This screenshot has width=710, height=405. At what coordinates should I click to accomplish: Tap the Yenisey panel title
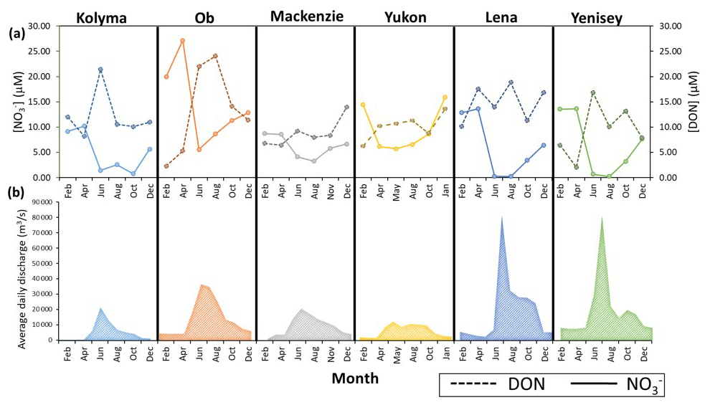(x=603, y=17)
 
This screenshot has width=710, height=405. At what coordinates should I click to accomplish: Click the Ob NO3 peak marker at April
(x=182, y=41)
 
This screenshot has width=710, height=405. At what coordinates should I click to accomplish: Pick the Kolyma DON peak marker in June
(x=100, y=70)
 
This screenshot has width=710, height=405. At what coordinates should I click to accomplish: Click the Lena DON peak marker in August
(x=511, y=82)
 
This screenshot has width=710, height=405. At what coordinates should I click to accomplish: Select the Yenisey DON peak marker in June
(x=593, y=92)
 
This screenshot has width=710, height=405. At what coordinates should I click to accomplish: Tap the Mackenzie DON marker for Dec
(x=346, y=107)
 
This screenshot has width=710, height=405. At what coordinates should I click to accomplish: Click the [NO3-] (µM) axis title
(x=16, y=102)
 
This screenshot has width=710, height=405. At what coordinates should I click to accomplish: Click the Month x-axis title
(x=354, y=378)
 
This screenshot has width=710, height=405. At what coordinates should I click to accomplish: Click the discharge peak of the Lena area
(x=501, y=216)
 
